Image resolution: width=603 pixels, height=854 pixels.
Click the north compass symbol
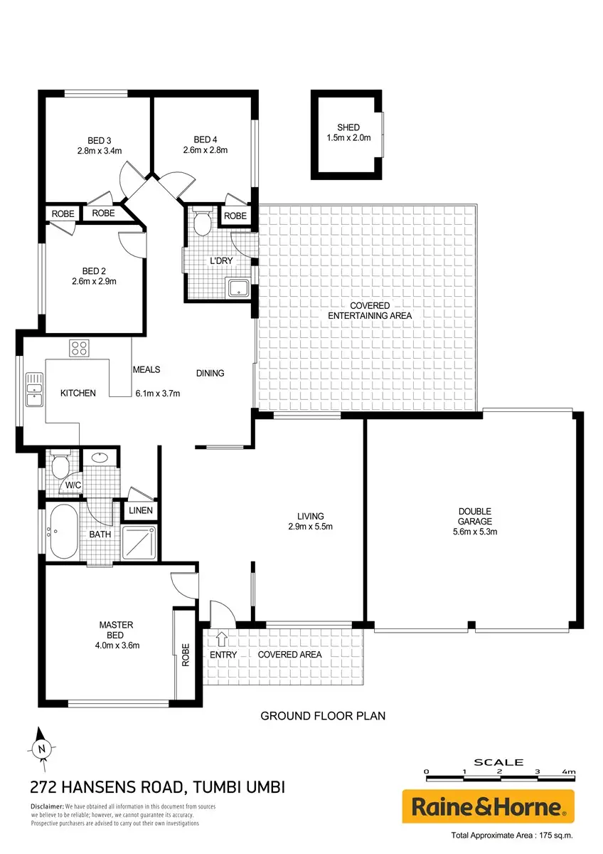coord(41,749)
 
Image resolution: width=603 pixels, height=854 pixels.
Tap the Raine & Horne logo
coord(488,806)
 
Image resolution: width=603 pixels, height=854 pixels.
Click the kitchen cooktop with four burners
coord(79,348)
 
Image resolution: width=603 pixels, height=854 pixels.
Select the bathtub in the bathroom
coord(63,532)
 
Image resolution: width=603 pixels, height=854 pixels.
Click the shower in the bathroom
coord(139,542)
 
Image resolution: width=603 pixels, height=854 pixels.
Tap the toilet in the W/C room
coord(60,464)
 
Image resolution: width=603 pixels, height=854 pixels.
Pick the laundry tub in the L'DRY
coord(238,288)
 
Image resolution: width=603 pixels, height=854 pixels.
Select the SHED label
coord(348,127)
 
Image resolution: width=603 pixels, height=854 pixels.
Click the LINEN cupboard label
coord(141,510)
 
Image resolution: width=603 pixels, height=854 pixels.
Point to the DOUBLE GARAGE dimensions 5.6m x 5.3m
coord(474,532)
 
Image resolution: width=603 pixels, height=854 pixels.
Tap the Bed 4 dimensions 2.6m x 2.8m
coord(206,150)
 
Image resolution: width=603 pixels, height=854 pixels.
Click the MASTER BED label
coord(116,630)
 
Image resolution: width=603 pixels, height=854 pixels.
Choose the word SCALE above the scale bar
coord(498,762)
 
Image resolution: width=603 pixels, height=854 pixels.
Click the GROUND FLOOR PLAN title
coord(323,716)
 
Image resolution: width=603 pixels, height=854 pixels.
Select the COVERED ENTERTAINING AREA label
coord(370,311)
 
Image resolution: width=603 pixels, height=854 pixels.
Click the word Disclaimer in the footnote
coord(47,806)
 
